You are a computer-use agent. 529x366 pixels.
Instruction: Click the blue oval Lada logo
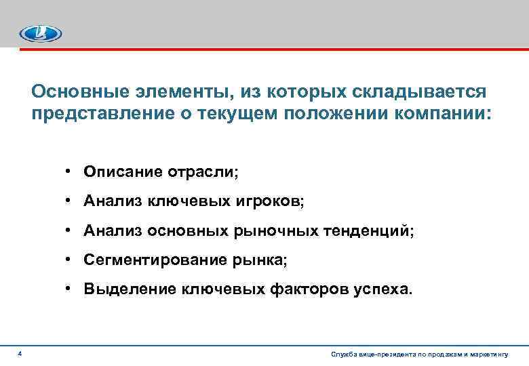41,32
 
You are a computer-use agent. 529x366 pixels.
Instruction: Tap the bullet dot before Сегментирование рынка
70,260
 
